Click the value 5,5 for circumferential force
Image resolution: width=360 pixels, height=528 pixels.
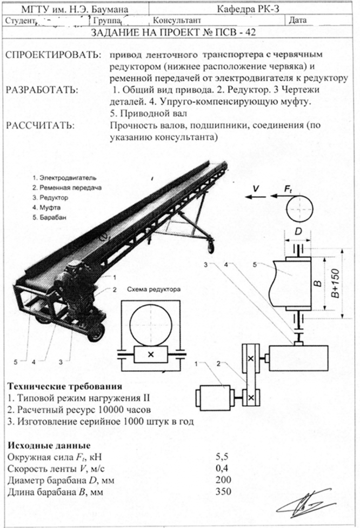pyautogui.click(x=222, y=457)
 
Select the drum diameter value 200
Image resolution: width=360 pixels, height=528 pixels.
pyautogui.click(x=223, y=479)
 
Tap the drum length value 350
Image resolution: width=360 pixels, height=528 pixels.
pyautogui.click(x=223, y=491)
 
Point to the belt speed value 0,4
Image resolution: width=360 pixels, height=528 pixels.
pyautogui.click(x=222, y=468)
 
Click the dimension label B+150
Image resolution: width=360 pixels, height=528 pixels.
pyautogui.click(x=336, y=283)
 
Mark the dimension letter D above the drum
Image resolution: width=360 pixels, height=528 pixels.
pyautogui.click(x=298, y=232)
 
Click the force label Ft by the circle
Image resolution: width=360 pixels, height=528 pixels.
pyautogui.click(x=288, y=189)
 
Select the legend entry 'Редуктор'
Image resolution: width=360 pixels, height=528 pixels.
pyautogui.click(x=50, y=198)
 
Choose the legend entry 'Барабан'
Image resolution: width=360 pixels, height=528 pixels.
pyautogui.click(x=50, y=218)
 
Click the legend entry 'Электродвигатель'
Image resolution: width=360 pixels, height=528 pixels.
pyautogui.click(x=64, y=178)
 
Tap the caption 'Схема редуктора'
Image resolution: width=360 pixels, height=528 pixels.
pyautogui.click(x=154, y=289)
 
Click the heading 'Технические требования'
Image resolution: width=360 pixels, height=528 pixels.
pyautogui.click(x=65, y=386)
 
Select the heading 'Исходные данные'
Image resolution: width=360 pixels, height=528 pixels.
pyautogui.click(x=49, y=445)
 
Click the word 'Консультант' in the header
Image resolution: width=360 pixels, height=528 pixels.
pyautogui.click(x=177, y=21)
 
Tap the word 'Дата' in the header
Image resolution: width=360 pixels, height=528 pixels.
pyautogui.click(x=298, y=21)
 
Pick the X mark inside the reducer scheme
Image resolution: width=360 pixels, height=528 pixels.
pyautogui.click(x=151, y=354)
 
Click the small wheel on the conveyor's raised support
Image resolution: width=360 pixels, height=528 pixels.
pyautogui.click(x=211, y=247)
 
